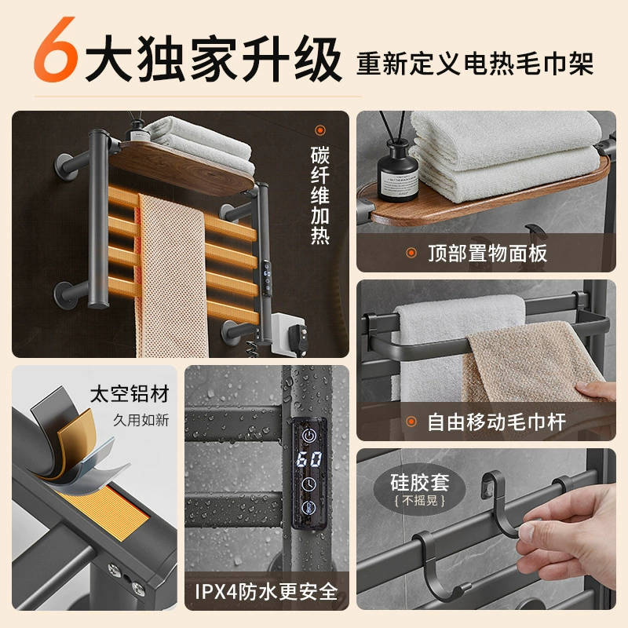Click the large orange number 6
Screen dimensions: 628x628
55,49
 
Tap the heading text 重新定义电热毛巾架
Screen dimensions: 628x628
475,64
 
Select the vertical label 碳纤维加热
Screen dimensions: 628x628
320,195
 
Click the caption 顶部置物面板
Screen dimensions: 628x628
487,253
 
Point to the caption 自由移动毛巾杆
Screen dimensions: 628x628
497,422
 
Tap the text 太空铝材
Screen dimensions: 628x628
130,394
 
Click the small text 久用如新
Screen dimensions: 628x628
141,420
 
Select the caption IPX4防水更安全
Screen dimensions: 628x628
266,592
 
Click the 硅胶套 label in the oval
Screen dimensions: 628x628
420,482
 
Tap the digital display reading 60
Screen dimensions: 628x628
309,459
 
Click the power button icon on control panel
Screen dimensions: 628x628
309,436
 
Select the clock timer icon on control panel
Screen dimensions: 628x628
309,484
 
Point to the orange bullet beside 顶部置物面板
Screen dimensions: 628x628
411,253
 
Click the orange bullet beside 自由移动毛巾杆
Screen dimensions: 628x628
411,422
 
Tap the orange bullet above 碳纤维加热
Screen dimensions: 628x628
320,130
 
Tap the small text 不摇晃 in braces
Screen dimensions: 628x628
420,501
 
